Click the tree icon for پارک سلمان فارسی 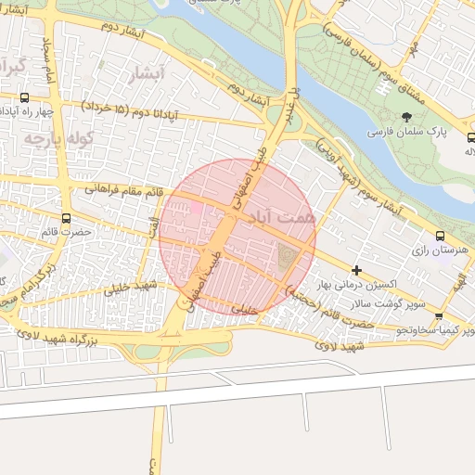tap(406, 117)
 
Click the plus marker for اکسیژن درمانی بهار tap(356, 270)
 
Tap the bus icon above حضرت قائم tap(64, 218)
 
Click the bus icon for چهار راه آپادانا tap(23, 96)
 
